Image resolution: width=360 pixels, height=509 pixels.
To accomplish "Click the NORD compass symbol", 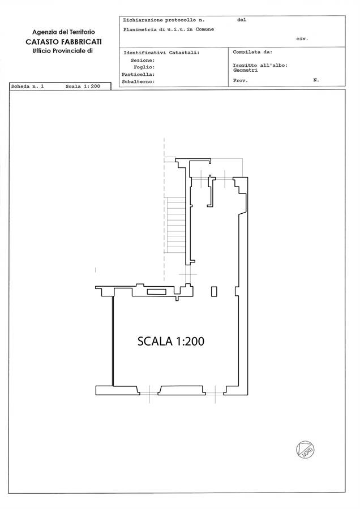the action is [305, 450].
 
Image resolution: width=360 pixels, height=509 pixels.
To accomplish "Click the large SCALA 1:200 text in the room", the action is [171, 341].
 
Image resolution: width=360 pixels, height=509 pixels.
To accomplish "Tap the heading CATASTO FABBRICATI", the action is [64, 42].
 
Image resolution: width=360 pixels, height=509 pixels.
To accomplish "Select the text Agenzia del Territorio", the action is [64, 32].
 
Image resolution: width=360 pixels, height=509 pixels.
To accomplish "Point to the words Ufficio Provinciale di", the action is [63, 51].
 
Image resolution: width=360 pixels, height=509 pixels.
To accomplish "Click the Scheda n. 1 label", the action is [27, 87].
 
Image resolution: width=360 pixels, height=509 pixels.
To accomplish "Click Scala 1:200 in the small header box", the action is [83, 87].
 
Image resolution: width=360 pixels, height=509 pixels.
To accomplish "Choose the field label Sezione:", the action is [143, 61].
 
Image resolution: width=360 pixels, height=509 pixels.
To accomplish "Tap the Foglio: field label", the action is [144, 67].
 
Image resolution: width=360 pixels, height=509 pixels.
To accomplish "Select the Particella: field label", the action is [138, 75].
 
